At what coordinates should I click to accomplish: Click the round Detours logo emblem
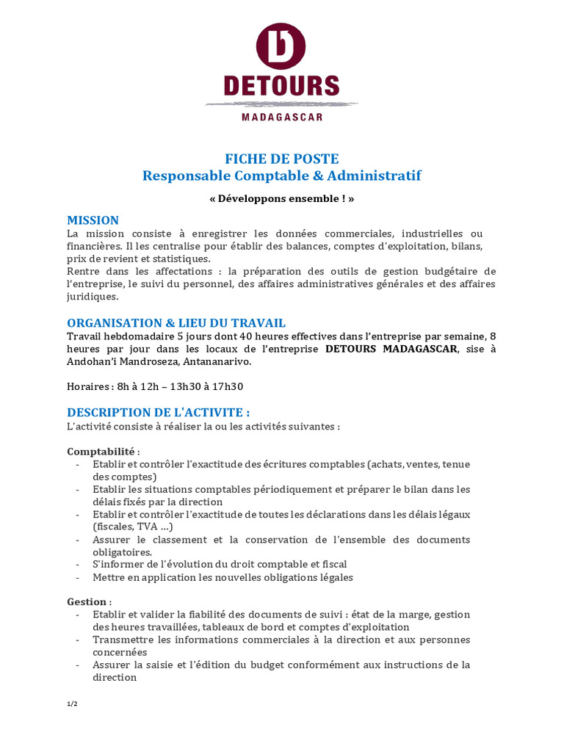click(x=281, y=47)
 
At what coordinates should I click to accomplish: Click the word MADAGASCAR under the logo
click(x=282, y=116)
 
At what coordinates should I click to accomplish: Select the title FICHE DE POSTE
click(x=282, y=159)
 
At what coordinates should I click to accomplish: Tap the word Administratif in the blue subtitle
click(x=375, y=176)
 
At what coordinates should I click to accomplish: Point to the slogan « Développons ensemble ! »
click(x=282, y=199)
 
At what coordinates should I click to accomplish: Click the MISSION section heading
click(x=93, y=220)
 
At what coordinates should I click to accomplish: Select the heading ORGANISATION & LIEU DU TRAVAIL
click(x=176, y=323)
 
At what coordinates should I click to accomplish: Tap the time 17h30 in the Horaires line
click(x=226, y=387)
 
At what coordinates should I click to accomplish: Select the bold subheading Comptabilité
click(x=103, y=451)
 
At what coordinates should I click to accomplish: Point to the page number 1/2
click(x=72, y=704)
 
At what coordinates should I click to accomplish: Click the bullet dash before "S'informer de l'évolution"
click(x=79, y=564)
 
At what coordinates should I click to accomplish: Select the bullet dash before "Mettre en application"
click(x=79, y=577)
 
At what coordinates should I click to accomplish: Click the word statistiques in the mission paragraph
click(x=178, y=258)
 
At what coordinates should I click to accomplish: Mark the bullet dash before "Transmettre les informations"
click(x=79, y=640)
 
